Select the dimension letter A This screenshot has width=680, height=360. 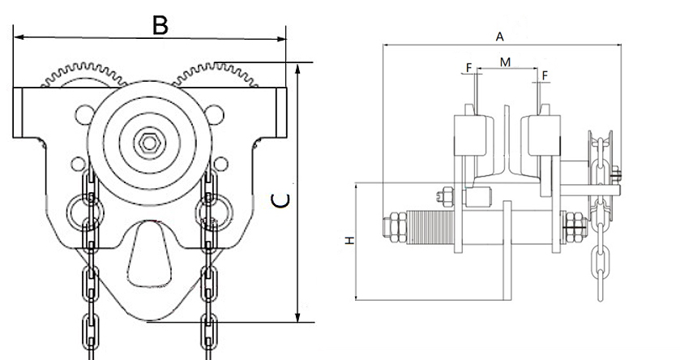point(500,36)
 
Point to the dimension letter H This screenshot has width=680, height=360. point(350,241)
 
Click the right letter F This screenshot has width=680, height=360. point(544,74)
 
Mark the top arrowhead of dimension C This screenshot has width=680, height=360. point(299,68)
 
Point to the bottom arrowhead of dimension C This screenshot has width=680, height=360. point(299,316)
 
